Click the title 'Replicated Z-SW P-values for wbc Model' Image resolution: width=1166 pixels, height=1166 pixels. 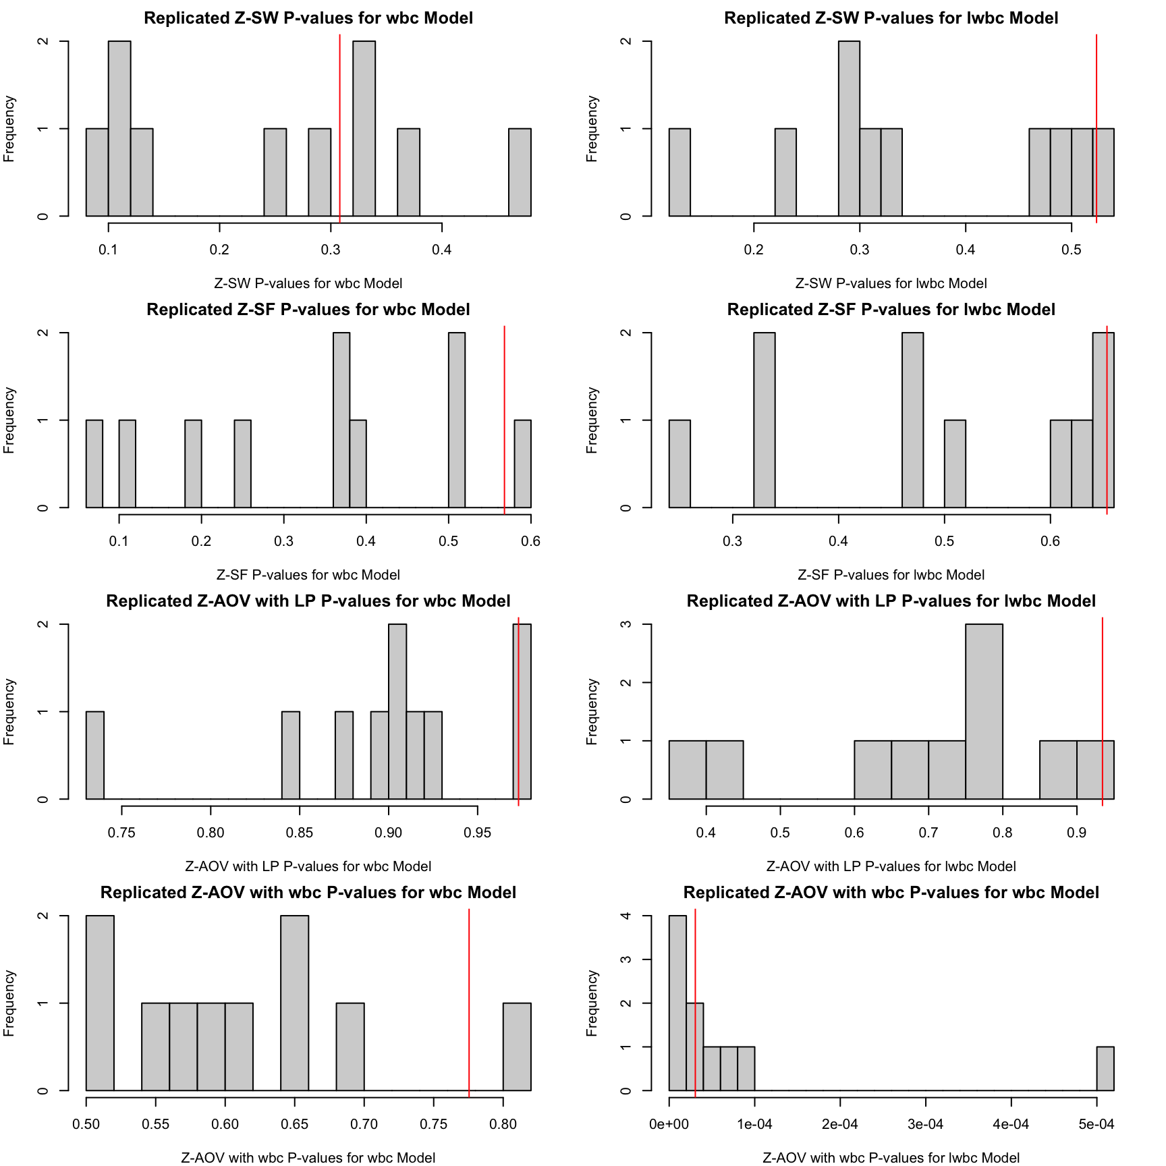tap(308, 18)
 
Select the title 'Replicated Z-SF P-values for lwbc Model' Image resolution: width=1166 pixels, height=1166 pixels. tap(891, 310)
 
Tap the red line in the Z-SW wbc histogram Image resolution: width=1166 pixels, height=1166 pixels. tap(339, 128)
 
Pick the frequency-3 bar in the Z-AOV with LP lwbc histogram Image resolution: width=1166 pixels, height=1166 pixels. tap(984, 711)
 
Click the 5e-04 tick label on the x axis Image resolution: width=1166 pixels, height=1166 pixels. tap(1096, 1124)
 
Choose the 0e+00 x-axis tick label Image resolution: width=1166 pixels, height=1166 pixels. tap(669, 1124)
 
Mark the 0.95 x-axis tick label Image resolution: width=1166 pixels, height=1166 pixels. tap(477, 833)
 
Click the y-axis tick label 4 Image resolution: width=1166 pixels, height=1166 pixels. tap(626, 916)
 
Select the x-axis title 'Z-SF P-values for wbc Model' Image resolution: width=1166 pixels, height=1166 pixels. tap(308, 575)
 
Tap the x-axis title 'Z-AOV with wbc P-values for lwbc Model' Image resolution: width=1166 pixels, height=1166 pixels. tap(891, 1158)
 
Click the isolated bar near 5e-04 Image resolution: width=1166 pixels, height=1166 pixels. tap(1105, 1069)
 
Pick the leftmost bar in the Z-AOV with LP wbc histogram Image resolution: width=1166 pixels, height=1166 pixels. tap(95, 755)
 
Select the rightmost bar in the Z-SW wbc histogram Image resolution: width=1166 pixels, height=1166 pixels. tap(520, 172)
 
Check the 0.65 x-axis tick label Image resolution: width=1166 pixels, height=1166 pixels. tap(294, 1124)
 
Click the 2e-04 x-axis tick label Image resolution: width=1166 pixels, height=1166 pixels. tap(839, 1124)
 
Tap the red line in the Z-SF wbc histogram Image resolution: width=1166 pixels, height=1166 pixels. tap(504, 418)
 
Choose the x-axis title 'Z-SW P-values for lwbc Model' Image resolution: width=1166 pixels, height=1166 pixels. tap(891, 283)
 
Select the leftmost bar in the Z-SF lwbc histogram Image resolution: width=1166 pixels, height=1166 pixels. tap(679, 464)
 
